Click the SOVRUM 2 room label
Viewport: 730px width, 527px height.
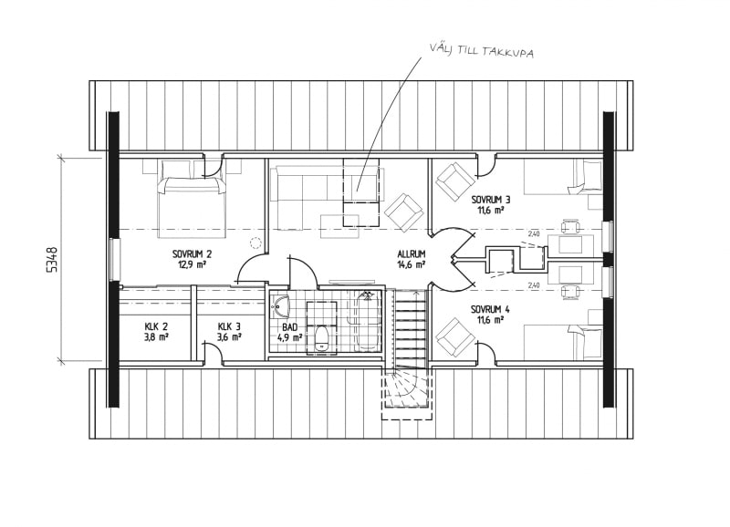click(x=192, y=254)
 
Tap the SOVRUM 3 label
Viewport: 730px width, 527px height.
click(x=491, y=200)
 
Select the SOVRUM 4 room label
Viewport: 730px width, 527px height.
click(x=490, y=310)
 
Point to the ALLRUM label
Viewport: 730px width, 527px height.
click(x=412, y=254)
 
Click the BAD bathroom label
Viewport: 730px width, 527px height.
click(x=289, y=328)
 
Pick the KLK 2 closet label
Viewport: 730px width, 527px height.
click(x=156, y=327)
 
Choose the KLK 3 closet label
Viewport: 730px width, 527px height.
click(x=229, y=327)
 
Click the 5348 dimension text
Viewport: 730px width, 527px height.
click(x=53, y=259)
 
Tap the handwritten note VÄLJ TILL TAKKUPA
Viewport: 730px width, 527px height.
click(x=482, y=50)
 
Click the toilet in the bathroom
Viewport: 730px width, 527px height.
click(x=321, y=338)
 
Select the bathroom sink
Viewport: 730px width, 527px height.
click(x=281, y=306)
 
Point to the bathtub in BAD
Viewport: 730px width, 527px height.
click(x=368, y=322)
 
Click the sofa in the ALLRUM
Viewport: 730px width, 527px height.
click(x=325, y=185)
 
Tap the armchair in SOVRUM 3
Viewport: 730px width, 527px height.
click(x=454, y=181)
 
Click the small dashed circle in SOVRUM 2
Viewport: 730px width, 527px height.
click(x=255, y=242)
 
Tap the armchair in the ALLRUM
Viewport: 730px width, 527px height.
click(x=404, y=212)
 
